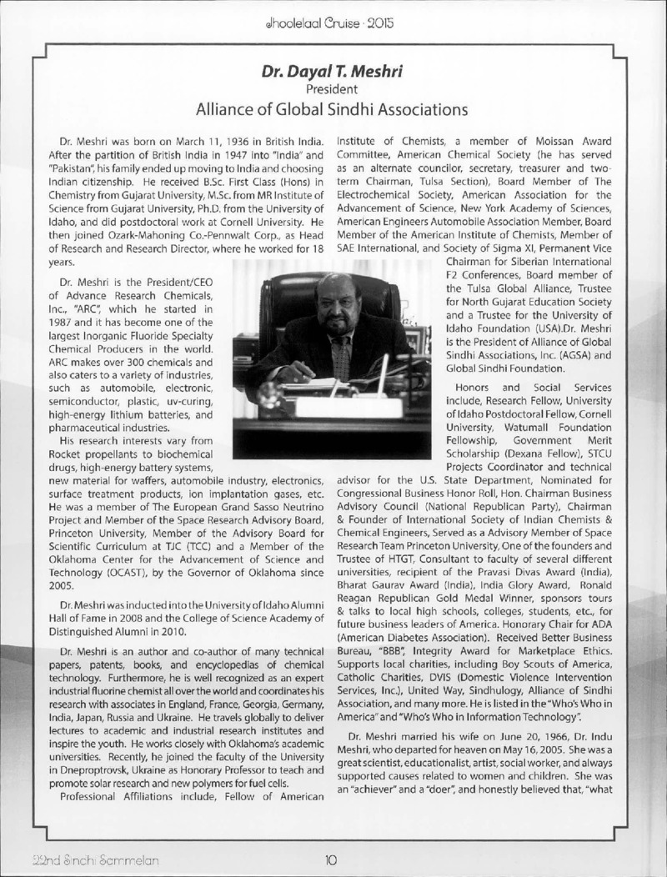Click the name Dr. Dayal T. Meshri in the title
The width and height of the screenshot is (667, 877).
(x=333, y=72)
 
